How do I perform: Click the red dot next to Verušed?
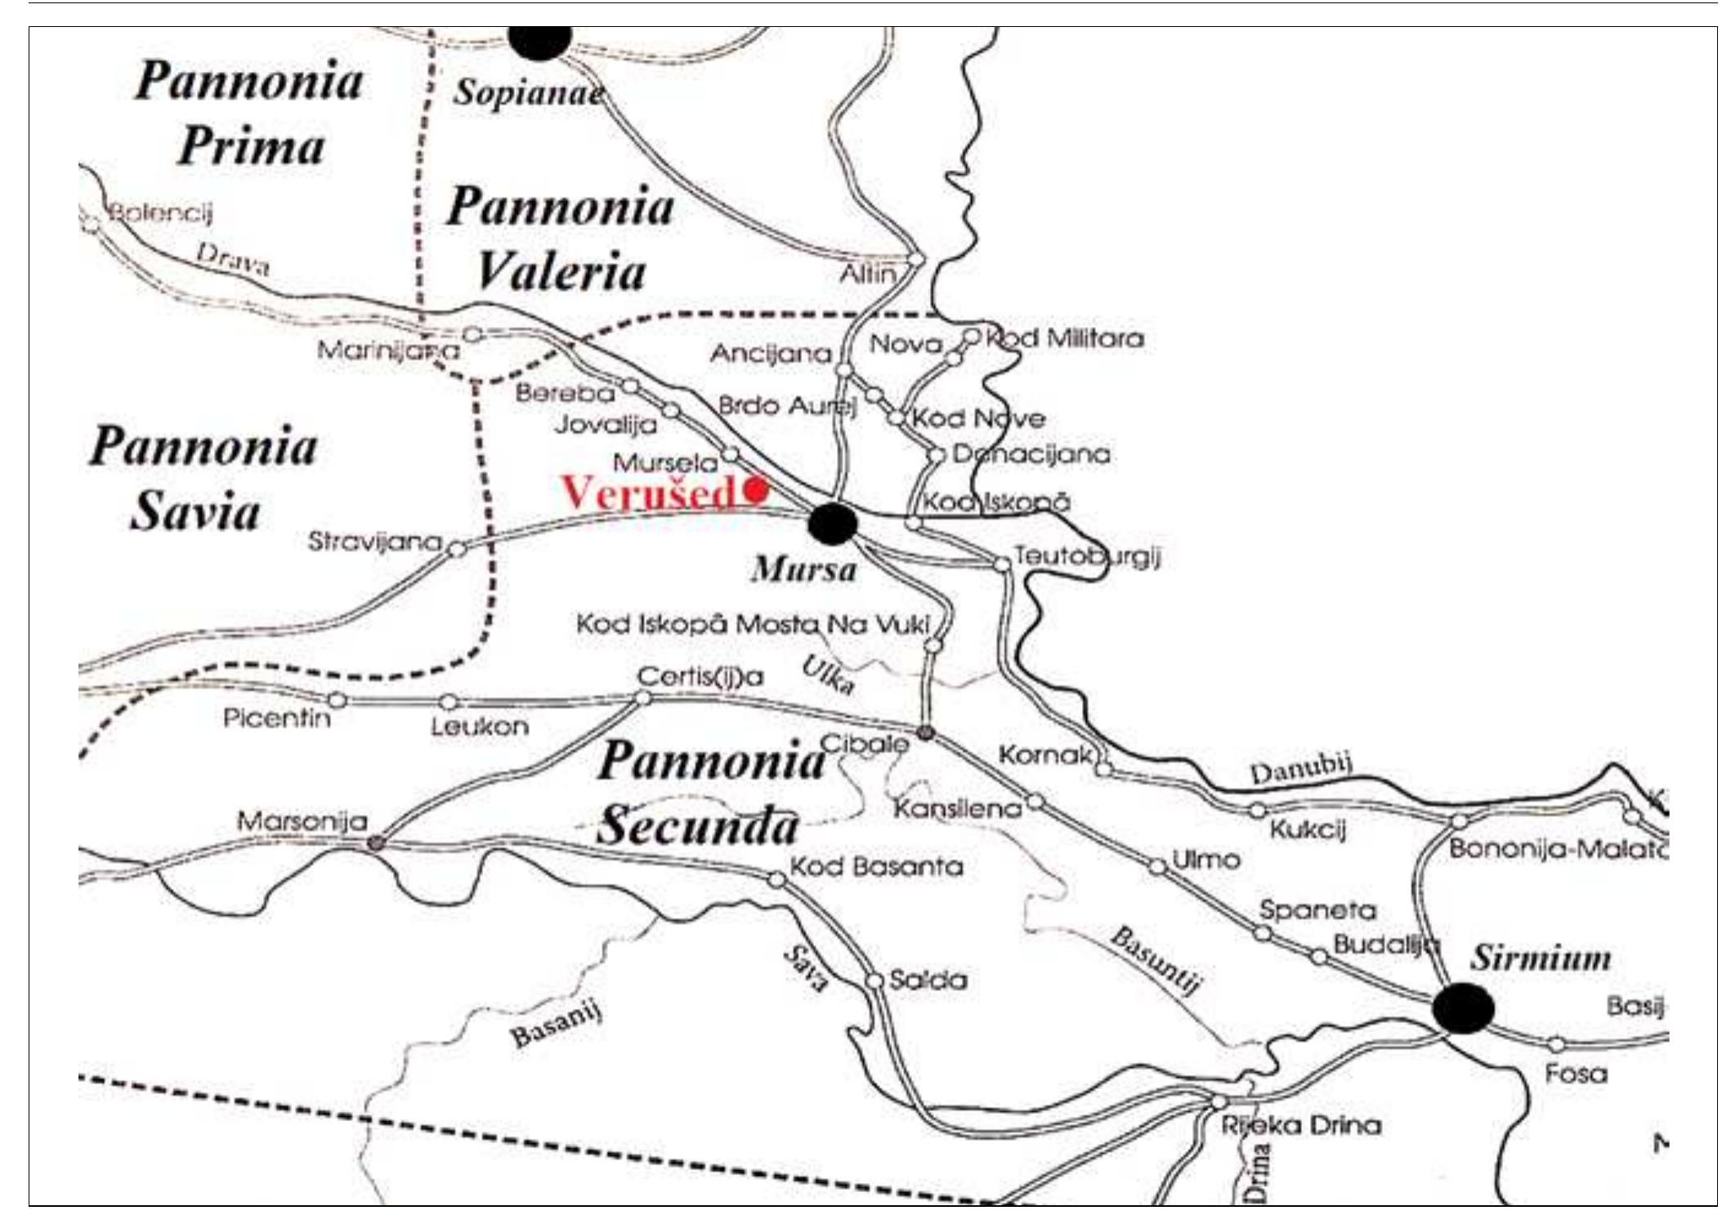(x=756, y=490)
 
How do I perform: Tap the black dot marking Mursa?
(x=833, y=524)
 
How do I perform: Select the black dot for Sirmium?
(x=1463, y=1008)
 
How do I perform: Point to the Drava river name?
(x=233, y=259)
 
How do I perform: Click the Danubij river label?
(x=1300, y=770)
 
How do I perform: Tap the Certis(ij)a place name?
(x=700, y=677)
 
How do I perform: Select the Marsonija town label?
(x=302, y=820)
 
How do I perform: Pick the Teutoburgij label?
(x=1086, y=556)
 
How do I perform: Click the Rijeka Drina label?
(x=1300, y=1125)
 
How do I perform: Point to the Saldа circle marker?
(x=874, y=980)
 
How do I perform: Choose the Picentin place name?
(x=277, y=719)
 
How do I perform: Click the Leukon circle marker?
(x=449, y=702)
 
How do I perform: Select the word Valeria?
(x=561, y=271)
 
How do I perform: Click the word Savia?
(x=195, y=512)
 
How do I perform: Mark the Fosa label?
(x=1576, y=1073)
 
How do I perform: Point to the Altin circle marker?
(x=916, y=260)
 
